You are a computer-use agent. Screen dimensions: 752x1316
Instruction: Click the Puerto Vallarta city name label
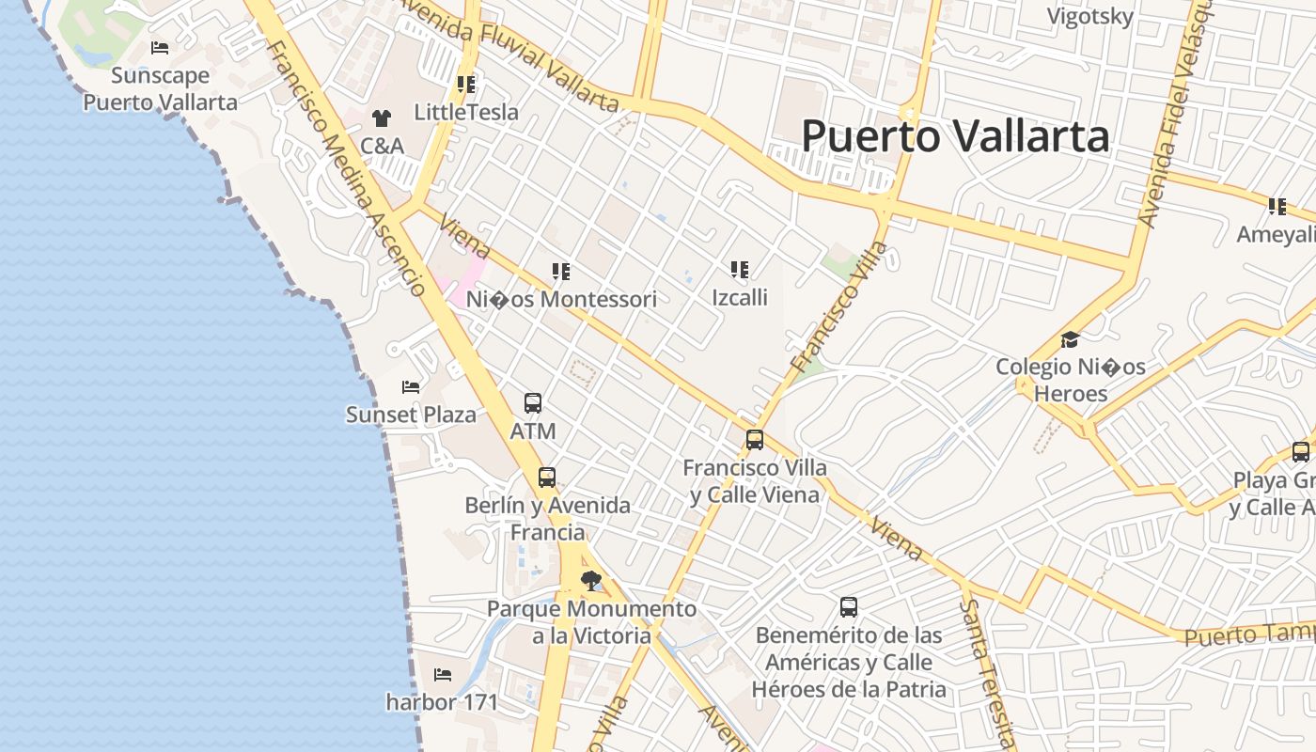tap(955, 136)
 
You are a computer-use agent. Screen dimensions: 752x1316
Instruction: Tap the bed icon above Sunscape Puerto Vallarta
tap(160, 47)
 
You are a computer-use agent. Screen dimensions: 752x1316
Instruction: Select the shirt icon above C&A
tap(381, 117)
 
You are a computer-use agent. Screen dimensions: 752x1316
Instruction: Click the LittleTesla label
tap(466, 112)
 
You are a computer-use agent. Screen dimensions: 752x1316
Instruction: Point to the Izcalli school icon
tap(740, 270)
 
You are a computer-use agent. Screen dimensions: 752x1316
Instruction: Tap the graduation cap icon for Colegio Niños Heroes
tap(1070, 339)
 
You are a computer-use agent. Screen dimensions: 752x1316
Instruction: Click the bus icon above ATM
tap(533, 403)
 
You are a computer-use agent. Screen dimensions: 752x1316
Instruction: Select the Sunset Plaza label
tap(411, 415)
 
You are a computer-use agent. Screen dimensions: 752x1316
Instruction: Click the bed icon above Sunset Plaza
tap(411, 386)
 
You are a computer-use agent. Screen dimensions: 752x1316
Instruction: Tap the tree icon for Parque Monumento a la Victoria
tap(590, 580)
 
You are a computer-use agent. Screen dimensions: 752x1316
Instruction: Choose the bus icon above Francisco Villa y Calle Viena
tap(755, 439)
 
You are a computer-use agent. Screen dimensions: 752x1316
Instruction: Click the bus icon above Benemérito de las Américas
tap(849, 607)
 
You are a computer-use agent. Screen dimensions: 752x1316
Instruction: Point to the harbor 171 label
tap(442, 702)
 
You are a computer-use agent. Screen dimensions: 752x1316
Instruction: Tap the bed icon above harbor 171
tap(443, 674)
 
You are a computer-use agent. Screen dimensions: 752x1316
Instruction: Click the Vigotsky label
tap(1090, 16)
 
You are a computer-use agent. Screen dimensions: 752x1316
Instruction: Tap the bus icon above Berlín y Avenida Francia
tap(547, 477)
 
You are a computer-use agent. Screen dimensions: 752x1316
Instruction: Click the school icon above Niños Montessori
tap(561, 272)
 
